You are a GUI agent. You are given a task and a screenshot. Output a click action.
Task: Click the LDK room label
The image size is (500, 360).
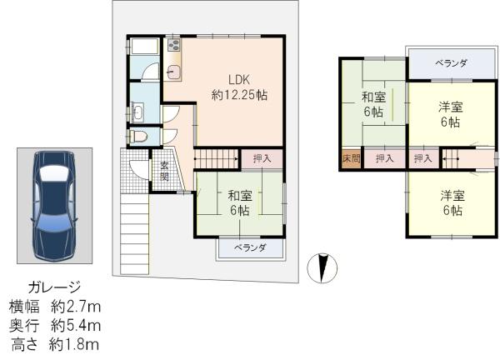[x=239, y=80]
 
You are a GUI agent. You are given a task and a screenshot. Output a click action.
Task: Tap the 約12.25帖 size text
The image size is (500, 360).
[x=239, y=95]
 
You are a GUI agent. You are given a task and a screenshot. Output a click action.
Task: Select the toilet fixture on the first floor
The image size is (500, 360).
[x=138, y=137]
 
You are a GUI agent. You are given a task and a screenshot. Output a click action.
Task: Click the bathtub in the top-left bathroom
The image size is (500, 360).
[x=144, y=47]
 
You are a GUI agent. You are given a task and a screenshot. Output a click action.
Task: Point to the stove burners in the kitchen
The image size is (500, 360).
[x=174, y=45]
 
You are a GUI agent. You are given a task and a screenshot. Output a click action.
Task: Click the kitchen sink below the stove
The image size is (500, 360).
[x=173, y=71]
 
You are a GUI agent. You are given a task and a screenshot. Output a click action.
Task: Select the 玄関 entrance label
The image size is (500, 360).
[x=164, y=171]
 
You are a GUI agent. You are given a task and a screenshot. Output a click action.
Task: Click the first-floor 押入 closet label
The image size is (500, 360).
[x=262, y=158]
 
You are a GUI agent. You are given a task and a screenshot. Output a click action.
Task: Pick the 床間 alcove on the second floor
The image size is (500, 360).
[x=352, y=158]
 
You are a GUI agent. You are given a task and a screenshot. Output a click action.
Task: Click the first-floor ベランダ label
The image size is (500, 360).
[x=250, y=247]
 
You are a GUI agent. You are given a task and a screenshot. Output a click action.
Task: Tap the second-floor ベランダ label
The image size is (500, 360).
[x=451, y=63]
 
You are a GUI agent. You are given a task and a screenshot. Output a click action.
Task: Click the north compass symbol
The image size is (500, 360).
[x=322, y=268]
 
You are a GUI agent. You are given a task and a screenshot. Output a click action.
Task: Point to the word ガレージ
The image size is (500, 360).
[x=54, y=287]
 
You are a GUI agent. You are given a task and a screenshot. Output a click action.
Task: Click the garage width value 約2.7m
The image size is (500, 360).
[x=76, y=307]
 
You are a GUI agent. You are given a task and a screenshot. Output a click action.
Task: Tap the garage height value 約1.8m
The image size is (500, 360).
[x=74, y=345]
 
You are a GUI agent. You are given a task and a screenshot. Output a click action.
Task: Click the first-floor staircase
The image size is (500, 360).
[x=217, y=158]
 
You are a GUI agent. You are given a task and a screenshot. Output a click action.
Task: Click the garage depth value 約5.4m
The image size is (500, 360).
[x=76, y=326]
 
